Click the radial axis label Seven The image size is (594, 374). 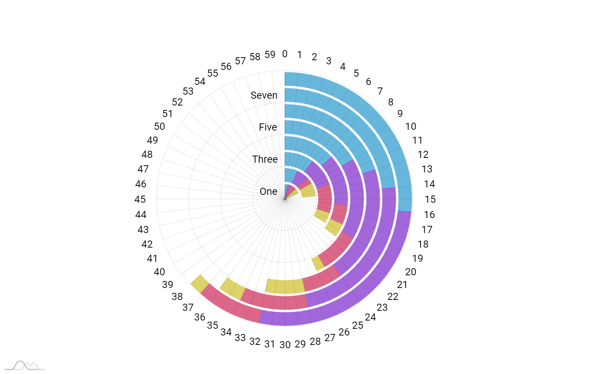264,95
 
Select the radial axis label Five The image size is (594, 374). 268,127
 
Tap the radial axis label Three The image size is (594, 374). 265,159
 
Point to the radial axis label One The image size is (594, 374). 269,191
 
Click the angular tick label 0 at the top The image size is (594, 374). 285,54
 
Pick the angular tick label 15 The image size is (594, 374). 430,199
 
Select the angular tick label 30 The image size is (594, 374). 285,344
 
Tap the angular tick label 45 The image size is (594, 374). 140,199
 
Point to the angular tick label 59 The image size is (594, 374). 270,55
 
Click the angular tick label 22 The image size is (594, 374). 393,297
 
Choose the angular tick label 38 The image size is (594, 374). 177,297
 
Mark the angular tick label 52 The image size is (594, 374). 177,102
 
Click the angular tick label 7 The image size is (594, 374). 380,91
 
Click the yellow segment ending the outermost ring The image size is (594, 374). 200,284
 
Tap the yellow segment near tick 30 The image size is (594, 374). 285,286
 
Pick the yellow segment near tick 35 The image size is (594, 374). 232,288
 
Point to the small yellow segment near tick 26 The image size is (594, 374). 318,263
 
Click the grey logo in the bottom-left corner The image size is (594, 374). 25,366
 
